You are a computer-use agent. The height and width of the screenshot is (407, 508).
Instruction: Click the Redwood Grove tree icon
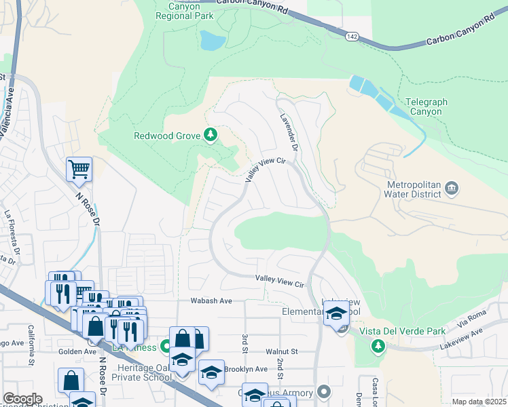[x=211, y=136]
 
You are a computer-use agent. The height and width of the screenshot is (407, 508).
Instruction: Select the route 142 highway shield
[x=350, y=35]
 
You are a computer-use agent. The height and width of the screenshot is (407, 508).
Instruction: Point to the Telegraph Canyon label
[x=427, y=106]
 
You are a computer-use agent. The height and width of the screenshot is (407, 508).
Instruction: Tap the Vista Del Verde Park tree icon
[x=378, y=347]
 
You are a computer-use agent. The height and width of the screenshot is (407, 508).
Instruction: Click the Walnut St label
[x=282, y=351]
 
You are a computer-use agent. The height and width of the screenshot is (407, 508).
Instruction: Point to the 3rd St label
[x=243, y=342]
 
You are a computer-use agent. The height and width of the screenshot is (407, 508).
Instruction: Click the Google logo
[x=22, y=399]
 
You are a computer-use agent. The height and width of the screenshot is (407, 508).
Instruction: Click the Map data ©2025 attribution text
[x=479, y=402]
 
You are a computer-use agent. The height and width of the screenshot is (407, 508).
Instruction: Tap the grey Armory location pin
[x=324, y=392]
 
